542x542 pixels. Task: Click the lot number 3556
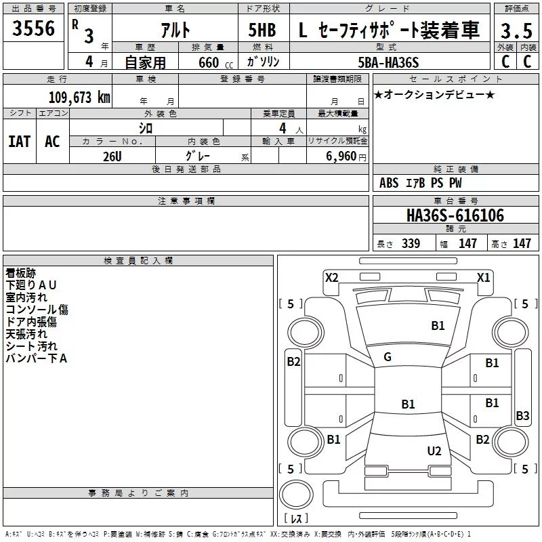33,28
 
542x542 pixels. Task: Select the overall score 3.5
516,30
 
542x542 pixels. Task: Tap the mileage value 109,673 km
79,97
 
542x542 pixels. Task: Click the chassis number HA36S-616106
455,215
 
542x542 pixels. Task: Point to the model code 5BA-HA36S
388,62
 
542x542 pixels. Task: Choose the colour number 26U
112,157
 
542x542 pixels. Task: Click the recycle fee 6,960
341,156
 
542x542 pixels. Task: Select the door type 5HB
262,30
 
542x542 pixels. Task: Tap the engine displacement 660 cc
215,63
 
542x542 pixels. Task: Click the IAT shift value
20,142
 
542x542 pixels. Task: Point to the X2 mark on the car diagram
331,277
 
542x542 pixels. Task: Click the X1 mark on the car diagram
483,277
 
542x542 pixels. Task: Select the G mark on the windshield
388,356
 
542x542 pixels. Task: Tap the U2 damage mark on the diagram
434,451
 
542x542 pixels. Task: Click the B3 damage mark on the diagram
522,415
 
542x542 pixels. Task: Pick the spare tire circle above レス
296,494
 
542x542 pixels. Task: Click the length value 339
411,243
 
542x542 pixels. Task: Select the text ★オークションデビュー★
434,94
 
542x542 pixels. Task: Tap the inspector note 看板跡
21,273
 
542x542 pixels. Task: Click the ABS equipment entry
389,182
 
